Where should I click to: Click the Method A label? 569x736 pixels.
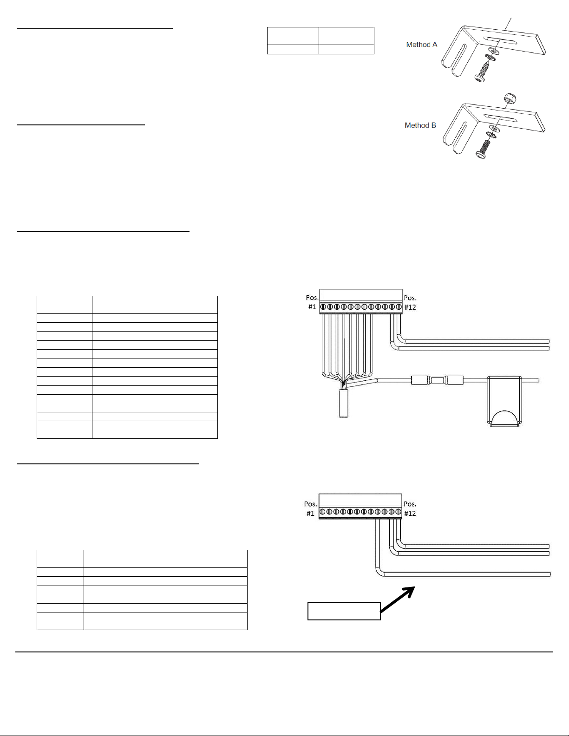tap(422, 45)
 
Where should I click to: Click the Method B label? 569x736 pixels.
tap(420, 125)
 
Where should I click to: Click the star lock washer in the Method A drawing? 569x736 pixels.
tap(490, 59)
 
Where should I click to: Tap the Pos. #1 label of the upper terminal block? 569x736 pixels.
tap(312, 302)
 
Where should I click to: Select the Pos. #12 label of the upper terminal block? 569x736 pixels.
tap(410, 302)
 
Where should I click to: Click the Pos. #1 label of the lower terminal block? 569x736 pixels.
tap(311, 508)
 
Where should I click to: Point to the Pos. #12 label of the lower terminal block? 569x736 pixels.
tap(410, 508)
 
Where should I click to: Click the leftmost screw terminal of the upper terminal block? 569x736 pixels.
tap(323, 307)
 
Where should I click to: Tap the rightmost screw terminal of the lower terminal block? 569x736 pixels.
tap(399, 511)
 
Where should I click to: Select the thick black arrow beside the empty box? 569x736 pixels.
tap(397, 599)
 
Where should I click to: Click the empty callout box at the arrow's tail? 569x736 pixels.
tap(344, 611)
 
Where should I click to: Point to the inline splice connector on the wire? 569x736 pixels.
tap(437, 380)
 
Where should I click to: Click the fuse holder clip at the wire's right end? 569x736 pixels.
tap(504, 401)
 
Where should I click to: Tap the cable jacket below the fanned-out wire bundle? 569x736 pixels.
tap(343, 403)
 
